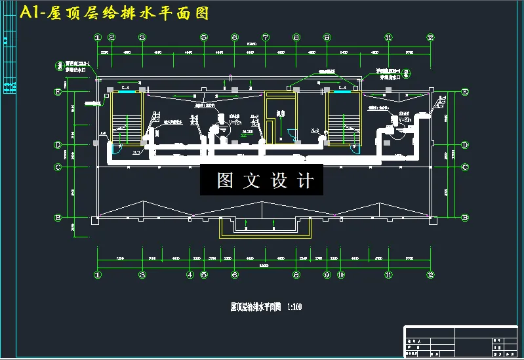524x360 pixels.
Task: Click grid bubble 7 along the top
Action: (266, 37)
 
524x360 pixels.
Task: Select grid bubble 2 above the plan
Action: (112, 37)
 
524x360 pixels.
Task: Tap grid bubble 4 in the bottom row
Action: (190, 275)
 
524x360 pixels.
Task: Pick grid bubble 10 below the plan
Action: (340, 275)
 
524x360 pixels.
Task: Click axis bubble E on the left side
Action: (57, 92)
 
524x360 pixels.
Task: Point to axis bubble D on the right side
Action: (465, 144)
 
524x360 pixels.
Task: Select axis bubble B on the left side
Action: (57, 217)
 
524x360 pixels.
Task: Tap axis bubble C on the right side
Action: (465, 167)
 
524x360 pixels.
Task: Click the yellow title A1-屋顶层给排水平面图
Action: (115, 13)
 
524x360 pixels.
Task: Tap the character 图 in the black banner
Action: (226, 180)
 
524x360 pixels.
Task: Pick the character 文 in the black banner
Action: (252, 180)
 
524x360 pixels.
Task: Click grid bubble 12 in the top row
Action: (430, 37)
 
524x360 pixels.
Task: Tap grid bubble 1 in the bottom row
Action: (98, 275)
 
